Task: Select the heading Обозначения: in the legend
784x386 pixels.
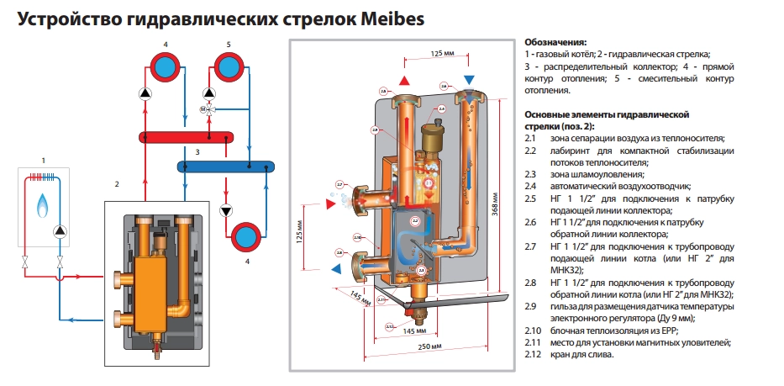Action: click(555, 41)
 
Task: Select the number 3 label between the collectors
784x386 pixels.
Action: click(197, 152)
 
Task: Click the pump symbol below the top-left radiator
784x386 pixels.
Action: click(146, 93)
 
